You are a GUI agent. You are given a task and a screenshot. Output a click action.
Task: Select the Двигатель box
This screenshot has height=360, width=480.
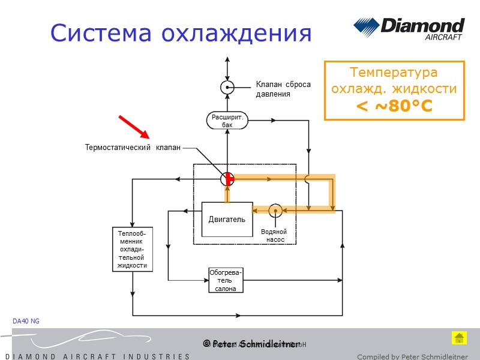pyautogui.click(x=227, y=219)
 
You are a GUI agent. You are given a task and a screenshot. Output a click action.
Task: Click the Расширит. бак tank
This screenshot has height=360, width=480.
pyautogui.click(x=227, y=121)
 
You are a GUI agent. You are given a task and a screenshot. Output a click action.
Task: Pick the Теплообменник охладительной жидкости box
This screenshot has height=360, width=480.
pyautogui.click(x=133, y=249)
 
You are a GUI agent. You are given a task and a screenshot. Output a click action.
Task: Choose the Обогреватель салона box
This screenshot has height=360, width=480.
pyautogui.click(x=226, y=280)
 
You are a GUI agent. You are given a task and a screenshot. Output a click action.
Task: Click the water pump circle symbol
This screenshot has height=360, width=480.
pyautogui.click(x=275, y=210)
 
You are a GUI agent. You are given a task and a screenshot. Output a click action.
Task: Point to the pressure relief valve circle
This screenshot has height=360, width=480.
pyautogui.click(x=227, y=87)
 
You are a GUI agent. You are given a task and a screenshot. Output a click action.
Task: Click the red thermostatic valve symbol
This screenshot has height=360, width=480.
pyautogui.click(x=227, y=178)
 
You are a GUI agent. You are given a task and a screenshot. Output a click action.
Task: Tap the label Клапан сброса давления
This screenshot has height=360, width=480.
pyautogui.click(x=283, y=89)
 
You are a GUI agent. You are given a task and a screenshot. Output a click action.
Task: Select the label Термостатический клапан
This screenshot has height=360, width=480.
pyautogui.click(x=133, y=147)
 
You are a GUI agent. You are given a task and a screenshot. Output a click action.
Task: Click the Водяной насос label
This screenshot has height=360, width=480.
pyautogui.click(x=274, y=236)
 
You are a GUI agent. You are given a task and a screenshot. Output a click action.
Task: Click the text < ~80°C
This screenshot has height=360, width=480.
pyautogui.click(x=394, y=106)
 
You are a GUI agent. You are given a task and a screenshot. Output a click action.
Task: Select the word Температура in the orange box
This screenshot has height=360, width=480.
pyautogui.click(x=394, y=73)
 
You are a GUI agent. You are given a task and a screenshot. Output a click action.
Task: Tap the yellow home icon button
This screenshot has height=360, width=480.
pyautogui.click(x=459, y=338)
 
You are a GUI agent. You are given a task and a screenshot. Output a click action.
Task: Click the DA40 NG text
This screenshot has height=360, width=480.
pyautogui.click(x=26, y=322)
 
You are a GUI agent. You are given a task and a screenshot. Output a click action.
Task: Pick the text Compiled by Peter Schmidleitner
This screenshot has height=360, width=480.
pyautogui.click(x=412, y=356)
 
